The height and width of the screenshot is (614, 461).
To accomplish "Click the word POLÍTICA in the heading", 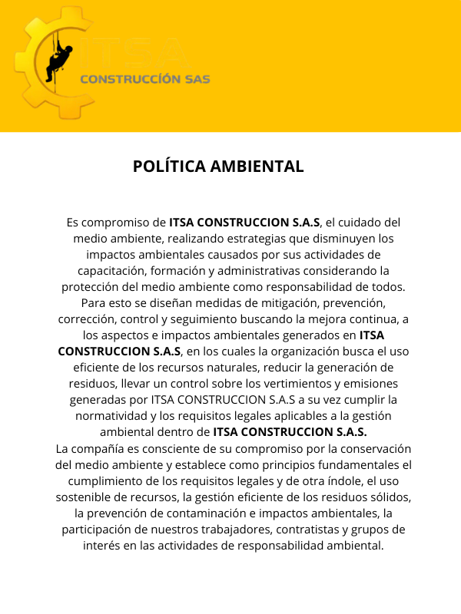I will point(168,167).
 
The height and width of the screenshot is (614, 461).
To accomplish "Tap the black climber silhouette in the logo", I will point(59,62).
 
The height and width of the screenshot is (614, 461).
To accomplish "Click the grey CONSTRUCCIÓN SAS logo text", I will point(145,79).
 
